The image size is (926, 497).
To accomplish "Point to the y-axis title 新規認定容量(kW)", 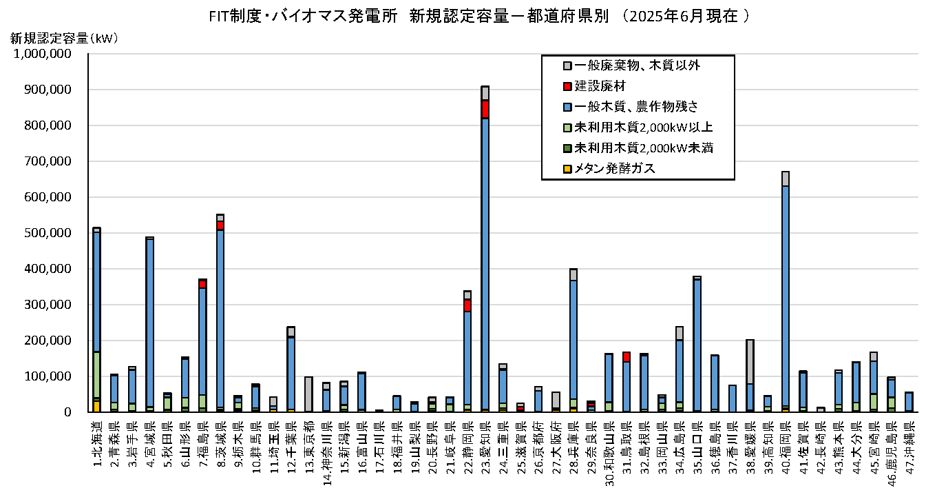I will (x=65, y=39).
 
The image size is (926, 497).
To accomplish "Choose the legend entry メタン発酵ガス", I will (x=615, y=168).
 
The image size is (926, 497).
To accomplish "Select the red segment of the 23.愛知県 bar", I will (x=485, y=109).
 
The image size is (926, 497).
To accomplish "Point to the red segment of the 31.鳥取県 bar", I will (x=627, y=357).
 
